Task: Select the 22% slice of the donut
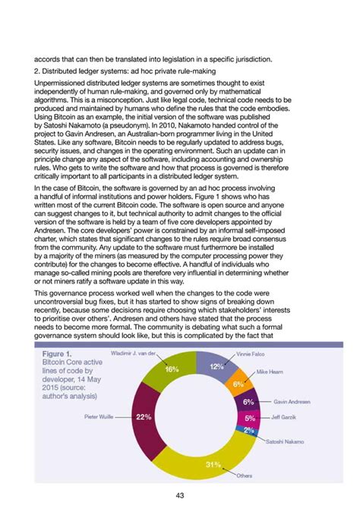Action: point(144,417)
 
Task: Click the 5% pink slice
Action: point(250,418)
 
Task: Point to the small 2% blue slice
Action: point(248,430)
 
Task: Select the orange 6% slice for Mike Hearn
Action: point(238,384)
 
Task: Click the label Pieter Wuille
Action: point(99,417)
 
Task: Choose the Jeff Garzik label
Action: point(284,417)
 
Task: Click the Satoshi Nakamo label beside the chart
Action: point(285,441)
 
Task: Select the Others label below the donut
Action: point(245,476)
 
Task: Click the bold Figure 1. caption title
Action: point(57,355)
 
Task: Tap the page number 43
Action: point(180,495)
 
